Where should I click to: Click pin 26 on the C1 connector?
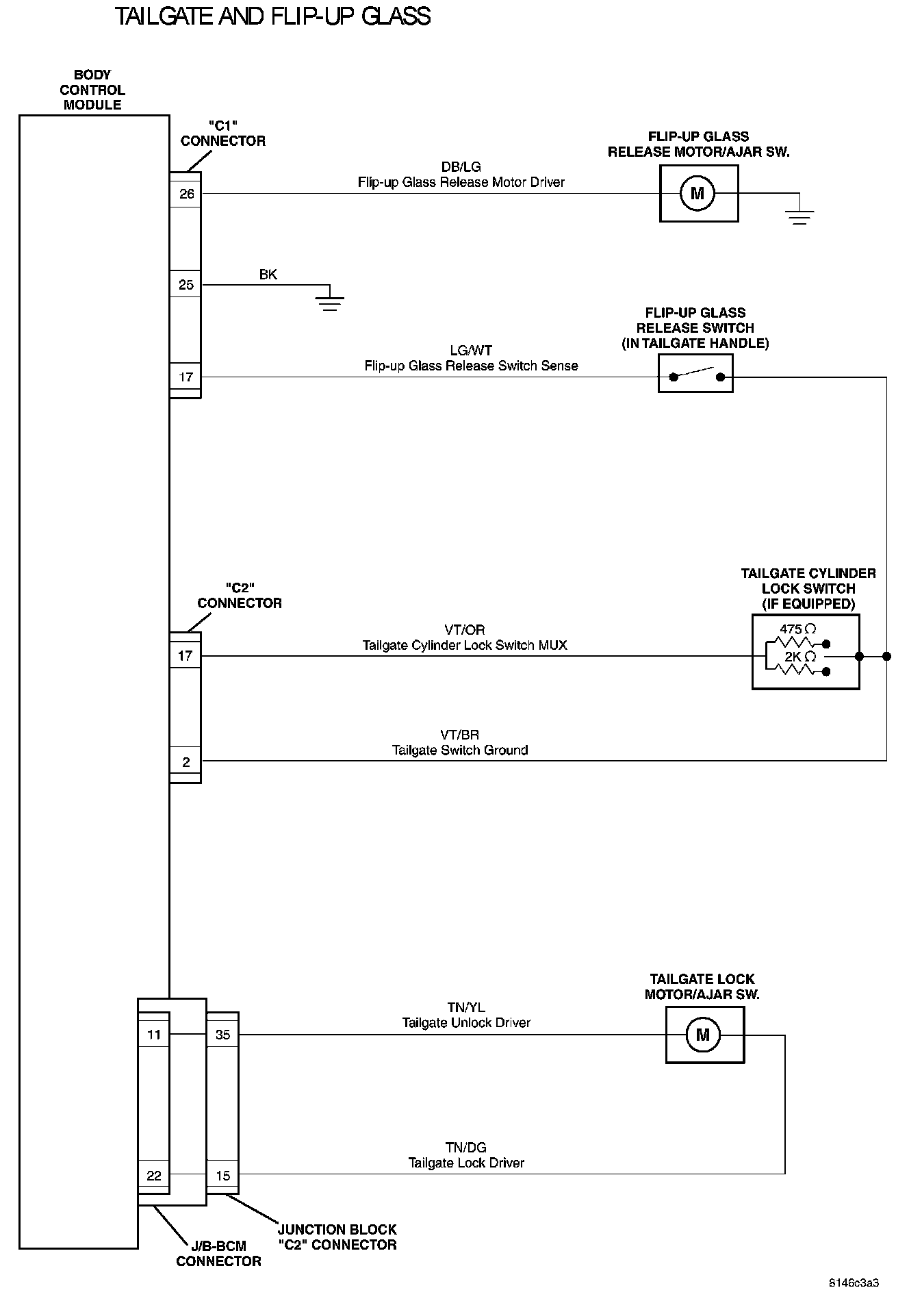(x=186, y=194)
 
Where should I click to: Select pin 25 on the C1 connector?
(x=186, y=285)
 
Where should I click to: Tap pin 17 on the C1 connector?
(x=186, y=377)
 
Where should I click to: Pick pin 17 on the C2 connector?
(x=185, y=656)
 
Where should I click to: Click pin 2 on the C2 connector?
(x=186, y=762)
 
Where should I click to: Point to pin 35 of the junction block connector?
(x=223, y=1035)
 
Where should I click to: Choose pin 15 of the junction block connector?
(x=223, y=1176)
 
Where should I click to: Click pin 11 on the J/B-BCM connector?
(x=154, y=1035)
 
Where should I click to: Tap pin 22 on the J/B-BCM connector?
(x=154, y=1176)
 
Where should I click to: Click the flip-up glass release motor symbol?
(x=697, y=194)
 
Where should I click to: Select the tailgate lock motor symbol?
(x=703, y=1035)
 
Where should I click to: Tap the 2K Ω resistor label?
(x=800, y=657)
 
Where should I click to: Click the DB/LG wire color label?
(x=461, y=167)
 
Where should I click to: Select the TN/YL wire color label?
(x=466, y=1007)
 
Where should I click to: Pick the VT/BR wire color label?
(x=460, y=735)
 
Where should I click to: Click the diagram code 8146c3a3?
(x=854, y=1283)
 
